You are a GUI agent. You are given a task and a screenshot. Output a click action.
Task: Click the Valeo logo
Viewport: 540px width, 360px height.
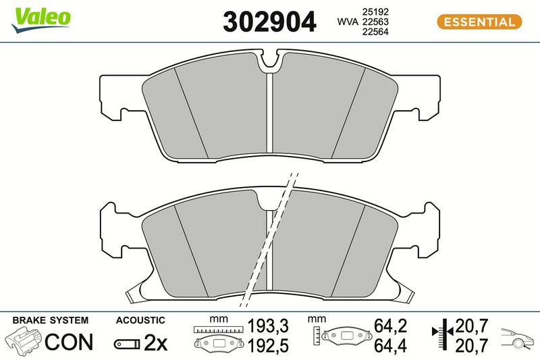point(40,20)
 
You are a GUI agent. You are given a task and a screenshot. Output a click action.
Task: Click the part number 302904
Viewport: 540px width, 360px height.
point(269,22)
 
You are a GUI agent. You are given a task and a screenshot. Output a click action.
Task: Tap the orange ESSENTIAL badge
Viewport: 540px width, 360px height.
point(479,22)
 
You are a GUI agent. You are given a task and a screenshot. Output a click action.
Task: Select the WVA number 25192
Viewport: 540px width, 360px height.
point(375,11)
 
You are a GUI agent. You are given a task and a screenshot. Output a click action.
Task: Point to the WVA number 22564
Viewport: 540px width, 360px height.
point(375,32)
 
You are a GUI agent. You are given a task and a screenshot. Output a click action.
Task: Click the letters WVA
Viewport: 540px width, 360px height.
point(348,22)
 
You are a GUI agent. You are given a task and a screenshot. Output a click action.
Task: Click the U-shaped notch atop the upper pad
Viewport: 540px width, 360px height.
point(269,61)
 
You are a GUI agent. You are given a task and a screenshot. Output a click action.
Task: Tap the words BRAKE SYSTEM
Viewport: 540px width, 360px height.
point(50,320)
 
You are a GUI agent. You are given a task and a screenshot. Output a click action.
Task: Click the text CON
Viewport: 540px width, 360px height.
point(69,341)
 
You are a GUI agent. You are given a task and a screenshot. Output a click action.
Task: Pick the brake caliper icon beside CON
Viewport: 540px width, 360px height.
point(23,340)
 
